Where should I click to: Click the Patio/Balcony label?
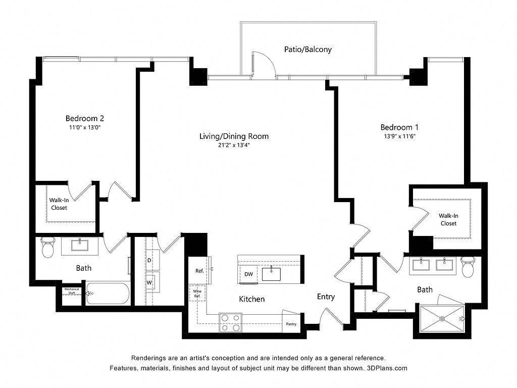point(307,50)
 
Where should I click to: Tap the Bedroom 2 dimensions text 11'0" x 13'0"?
point(84,128)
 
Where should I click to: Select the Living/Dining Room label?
point(234,136)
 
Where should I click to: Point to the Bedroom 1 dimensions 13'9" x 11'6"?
point(399,136)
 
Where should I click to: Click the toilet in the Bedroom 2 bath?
point(47,247)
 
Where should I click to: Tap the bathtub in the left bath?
point(108,293)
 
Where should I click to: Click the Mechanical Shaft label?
point(72,291)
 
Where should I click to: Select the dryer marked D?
point(150,260)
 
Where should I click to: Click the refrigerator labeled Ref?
point(199,271)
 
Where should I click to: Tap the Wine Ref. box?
point(197,293)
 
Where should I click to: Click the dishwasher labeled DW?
point(248,274)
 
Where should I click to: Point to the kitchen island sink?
point(272,273)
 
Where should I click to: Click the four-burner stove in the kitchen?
point(230,323)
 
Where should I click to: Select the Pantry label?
point(291,324)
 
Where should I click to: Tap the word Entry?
point(326,297)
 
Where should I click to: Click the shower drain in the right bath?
point(443,318)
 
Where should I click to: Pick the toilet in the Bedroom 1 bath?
point(467,266)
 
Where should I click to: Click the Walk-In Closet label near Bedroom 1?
point(448,219)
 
